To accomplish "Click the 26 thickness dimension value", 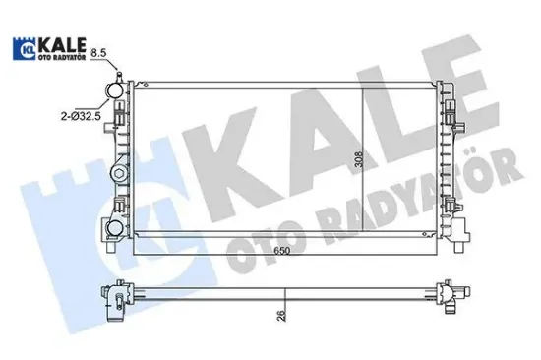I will [x=284, y=316].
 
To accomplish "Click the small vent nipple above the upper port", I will [x=116, y=75].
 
